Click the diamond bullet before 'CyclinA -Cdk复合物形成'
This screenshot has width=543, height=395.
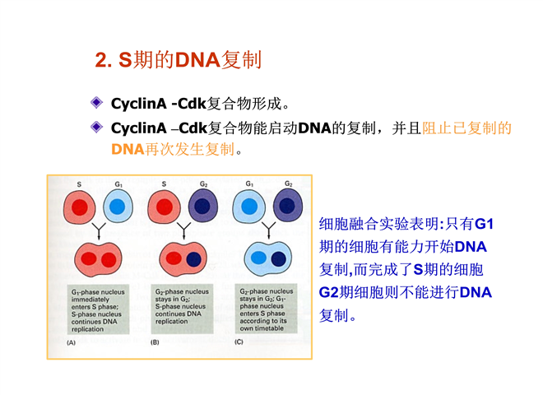[97, 104]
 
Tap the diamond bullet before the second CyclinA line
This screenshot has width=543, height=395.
[97, 128]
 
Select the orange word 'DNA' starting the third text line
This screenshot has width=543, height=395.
[128, 151]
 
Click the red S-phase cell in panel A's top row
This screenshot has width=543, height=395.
[80, 207]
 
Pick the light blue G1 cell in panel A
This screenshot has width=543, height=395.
[118, 207]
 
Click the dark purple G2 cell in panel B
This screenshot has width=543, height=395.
[203, 206]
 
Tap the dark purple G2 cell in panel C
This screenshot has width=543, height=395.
[285, 205]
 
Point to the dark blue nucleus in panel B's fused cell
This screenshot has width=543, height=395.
[193, 260]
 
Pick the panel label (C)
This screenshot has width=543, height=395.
[239, 341]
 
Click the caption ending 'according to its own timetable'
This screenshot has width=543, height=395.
[267, 311]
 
